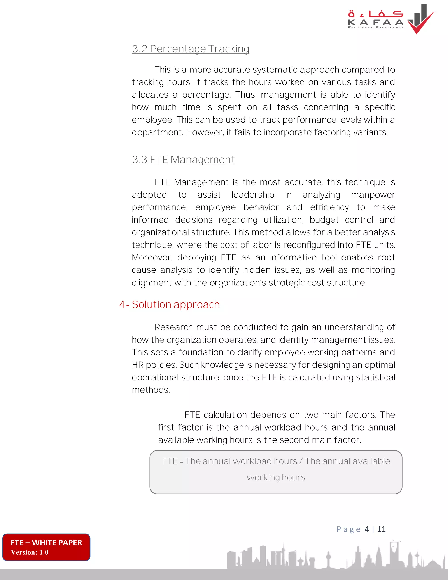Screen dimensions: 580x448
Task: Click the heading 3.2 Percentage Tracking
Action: [x=190, y=49]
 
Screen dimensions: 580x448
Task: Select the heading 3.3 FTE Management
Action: [x=183, y=160]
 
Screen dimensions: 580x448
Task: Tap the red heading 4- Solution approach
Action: [x=169, y=304]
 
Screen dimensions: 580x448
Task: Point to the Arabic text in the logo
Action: [x=375, y=14]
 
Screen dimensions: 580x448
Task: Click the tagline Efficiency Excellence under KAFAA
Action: [x=376, y=27]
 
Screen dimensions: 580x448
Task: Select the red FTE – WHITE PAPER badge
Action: [x=46, y=547]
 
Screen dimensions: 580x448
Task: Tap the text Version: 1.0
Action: [x=30, y=552]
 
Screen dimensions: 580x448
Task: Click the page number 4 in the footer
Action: [x=367, y=529]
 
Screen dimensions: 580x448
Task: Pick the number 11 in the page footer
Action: [x=381, y=529]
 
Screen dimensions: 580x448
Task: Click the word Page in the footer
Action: [x=348, y=529]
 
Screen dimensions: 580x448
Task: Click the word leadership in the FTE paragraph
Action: [x=253, y=195]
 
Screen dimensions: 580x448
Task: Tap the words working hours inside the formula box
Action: [x=276, y=478]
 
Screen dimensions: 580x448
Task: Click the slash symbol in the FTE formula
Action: [x=301, y=461]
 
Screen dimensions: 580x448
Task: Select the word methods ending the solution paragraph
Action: [x=150, y=390]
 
